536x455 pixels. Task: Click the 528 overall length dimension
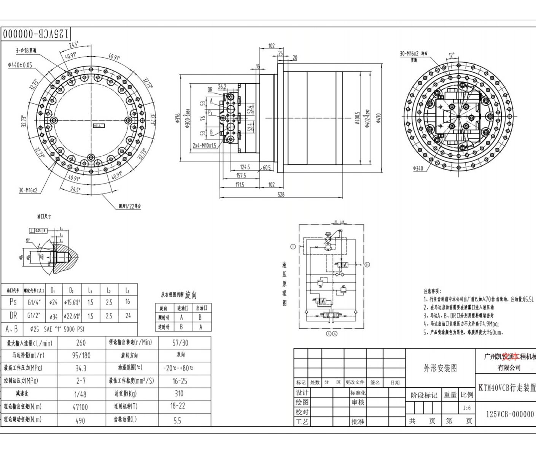pos(281,195)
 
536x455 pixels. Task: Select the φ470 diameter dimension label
pos(379,118)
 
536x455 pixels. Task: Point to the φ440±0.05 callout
pos(20,65)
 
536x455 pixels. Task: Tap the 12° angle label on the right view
pos(451,55)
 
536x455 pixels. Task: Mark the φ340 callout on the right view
pos(418,168)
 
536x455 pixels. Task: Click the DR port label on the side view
pos(210,90)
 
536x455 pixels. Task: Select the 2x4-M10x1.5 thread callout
pos(204,145)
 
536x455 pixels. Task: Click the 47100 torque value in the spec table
pos(80,407)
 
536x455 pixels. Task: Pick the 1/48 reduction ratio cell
pos(80,394)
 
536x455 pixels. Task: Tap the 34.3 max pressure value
pos(81,368)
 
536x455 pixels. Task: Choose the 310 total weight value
pos(179,394)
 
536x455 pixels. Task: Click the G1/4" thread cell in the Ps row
pos(34,303)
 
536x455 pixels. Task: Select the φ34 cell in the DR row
pos(53,316)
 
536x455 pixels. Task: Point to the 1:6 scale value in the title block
pos(467,408)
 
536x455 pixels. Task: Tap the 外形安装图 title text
pos(440,368)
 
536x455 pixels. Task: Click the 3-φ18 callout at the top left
pos(26,50)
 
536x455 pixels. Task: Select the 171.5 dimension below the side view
pos(240,185)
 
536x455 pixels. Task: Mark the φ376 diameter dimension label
pos(178,119)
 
